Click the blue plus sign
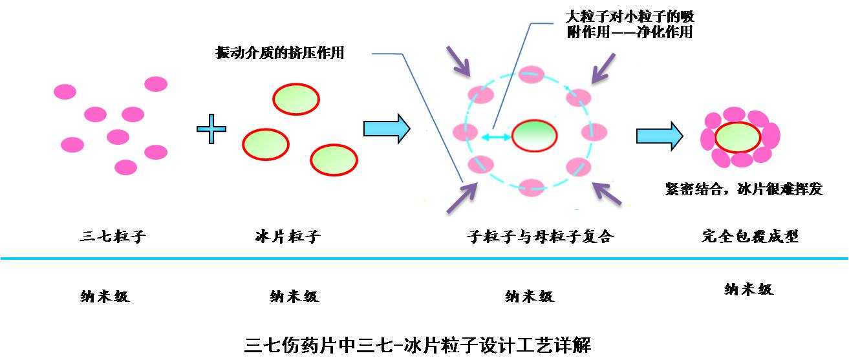[x=211, y=130]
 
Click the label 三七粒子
[x=113, y=236]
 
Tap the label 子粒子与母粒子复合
[x=540, y=236]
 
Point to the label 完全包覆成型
[x=750, y=236]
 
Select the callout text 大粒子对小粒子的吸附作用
[x=629, y=24]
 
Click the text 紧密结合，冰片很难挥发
[x=744, y=189]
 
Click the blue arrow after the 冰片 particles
[x=387, y=129]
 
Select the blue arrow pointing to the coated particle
[x=659, y=135]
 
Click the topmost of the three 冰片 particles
[x=296, y=100]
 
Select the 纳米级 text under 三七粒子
[x=105, y=297]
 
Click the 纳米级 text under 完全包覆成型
[x=748, y=290]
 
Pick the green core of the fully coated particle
[x=738, y=137]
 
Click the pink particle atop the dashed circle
[x=533, y=75]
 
